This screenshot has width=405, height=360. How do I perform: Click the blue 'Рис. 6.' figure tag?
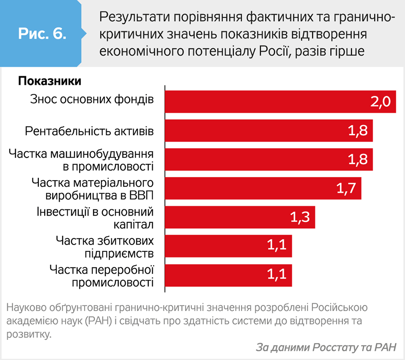coord(42,34)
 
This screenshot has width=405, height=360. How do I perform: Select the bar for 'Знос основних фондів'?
coord(279,101)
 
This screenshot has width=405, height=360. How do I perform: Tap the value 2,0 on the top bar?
coord(380,102)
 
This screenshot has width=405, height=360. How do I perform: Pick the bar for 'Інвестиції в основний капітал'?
coord(239,217)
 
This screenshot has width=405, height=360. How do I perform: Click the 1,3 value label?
coord(300,217)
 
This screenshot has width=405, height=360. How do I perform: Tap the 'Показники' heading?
coord(49,81)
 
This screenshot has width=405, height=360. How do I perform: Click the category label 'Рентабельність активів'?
coord(89,131)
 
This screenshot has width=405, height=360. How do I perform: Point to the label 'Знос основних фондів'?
coord(92,99)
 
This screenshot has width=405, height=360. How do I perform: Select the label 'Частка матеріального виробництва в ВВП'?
coord(93,189)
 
